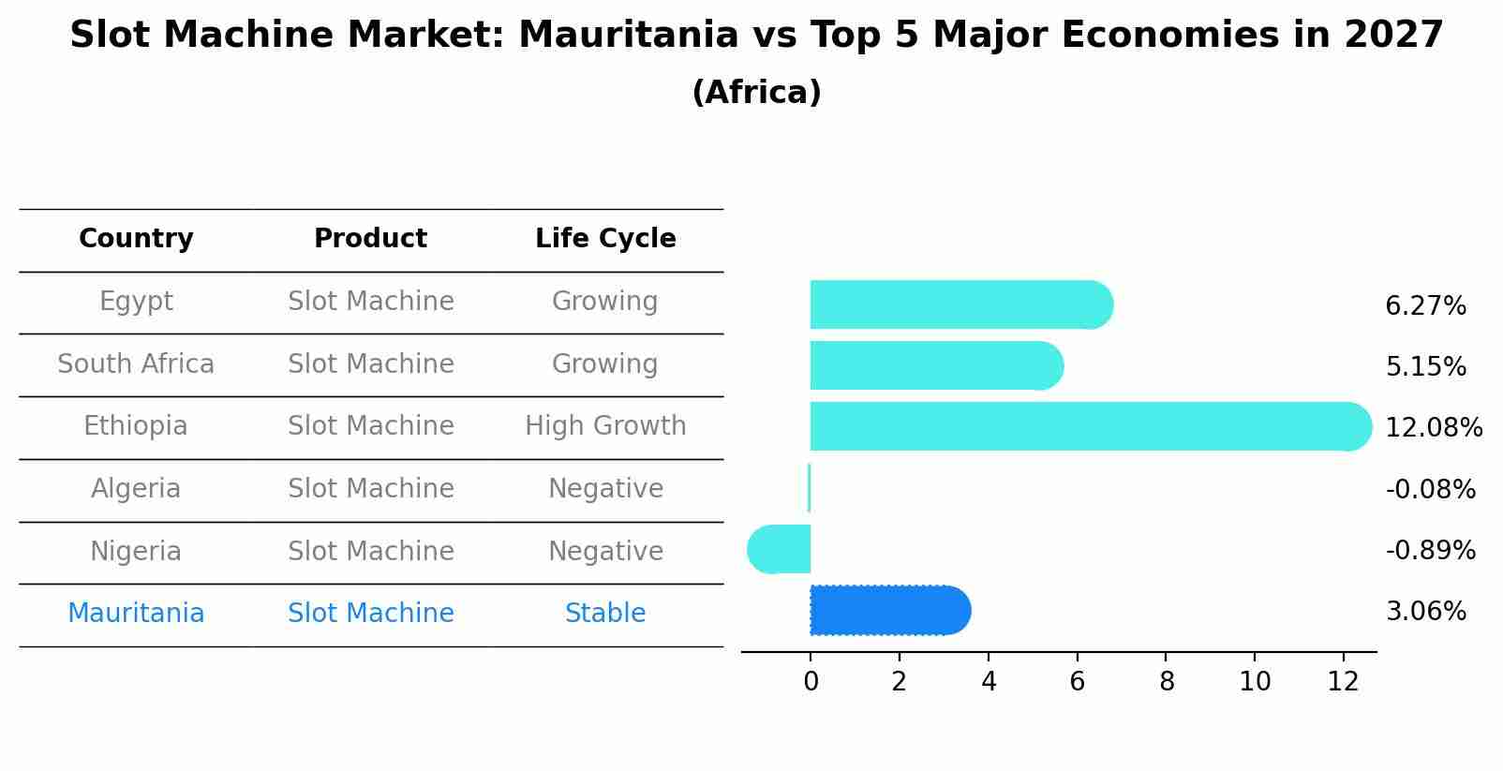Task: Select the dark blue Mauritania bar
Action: [x=889, y=611]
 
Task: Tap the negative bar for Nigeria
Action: [x=780, y=549]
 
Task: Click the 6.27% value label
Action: [x=1425, y=306]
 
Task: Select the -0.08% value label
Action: [x=1430, y=489]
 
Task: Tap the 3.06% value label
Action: [x=1425, y=612]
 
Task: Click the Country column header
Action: [x=136, y=239]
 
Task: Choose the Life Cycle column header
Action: [x=605, y=239]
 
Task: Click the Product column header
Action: [x=370, y=239]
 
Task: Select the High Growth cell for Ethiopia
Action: [x=605, y=426]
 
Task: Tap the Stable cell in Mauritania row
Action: [x=605, y=614]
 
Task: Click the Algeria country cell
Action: [x=136, y=489]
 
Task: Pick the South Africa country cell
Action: [x=136, y=363]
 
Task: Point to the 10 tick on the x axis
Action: [x=1255, y=682]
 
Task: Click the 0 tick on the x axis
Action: [x=811, y=682]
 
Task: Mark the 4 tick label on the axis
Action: [x=989, y=682]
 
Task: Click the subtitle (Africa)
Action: [x=756, y=93]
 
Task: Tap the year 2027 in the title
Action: [x=1393, y=36]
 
